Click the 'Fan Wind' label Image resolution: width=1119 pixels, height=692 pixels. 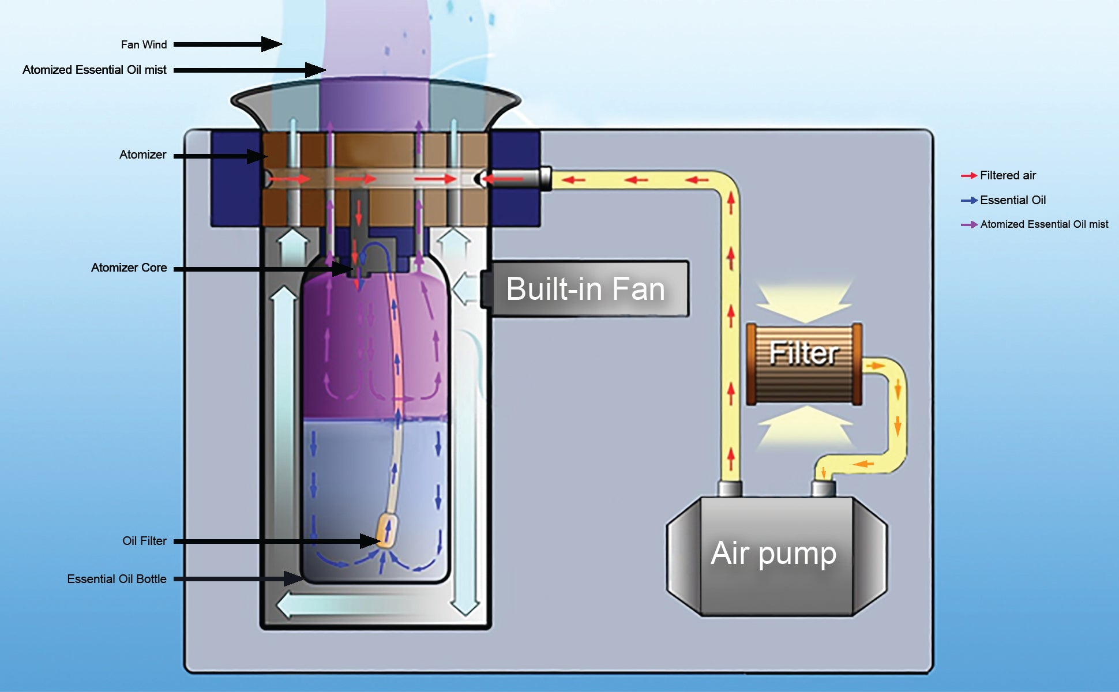(144, 44)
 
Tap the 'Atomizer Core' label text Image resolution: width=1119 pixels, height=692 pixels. (129, 268)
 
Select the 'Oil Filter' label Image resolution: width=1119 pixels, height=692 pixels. (144, 541)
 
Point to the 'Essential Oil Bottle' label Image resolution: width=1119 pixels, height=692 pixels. (117, 579)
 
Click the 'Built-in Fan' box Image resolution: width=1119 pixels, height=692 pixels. (585, 289)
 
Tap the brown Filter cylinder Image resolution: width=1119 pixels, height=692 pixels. (804, 363)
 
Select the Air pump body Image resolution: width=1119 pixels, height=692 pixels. (776, 555)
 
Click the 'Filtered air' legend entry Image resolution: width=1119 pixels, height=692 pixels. (1007, 175)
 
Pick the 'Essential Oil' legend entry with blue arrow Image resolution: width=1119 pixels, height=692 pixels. (1012, 200)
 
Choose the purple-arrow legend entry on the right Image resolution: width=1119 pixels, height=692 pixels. (1043, 224)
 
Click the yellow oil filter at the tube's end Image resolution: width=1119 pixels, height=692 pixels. (386, 531)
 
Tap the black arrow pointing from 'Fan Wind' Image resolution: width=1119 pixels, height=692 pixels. (227, 44)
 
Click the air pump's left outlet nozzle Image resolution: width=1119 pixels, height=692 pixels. (730, 489)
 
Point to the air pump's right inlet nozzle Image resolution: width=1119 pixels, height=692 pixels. (823, 489)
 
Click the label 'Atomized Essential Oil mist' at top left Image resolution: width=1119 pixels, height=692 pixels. (95, 70)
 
